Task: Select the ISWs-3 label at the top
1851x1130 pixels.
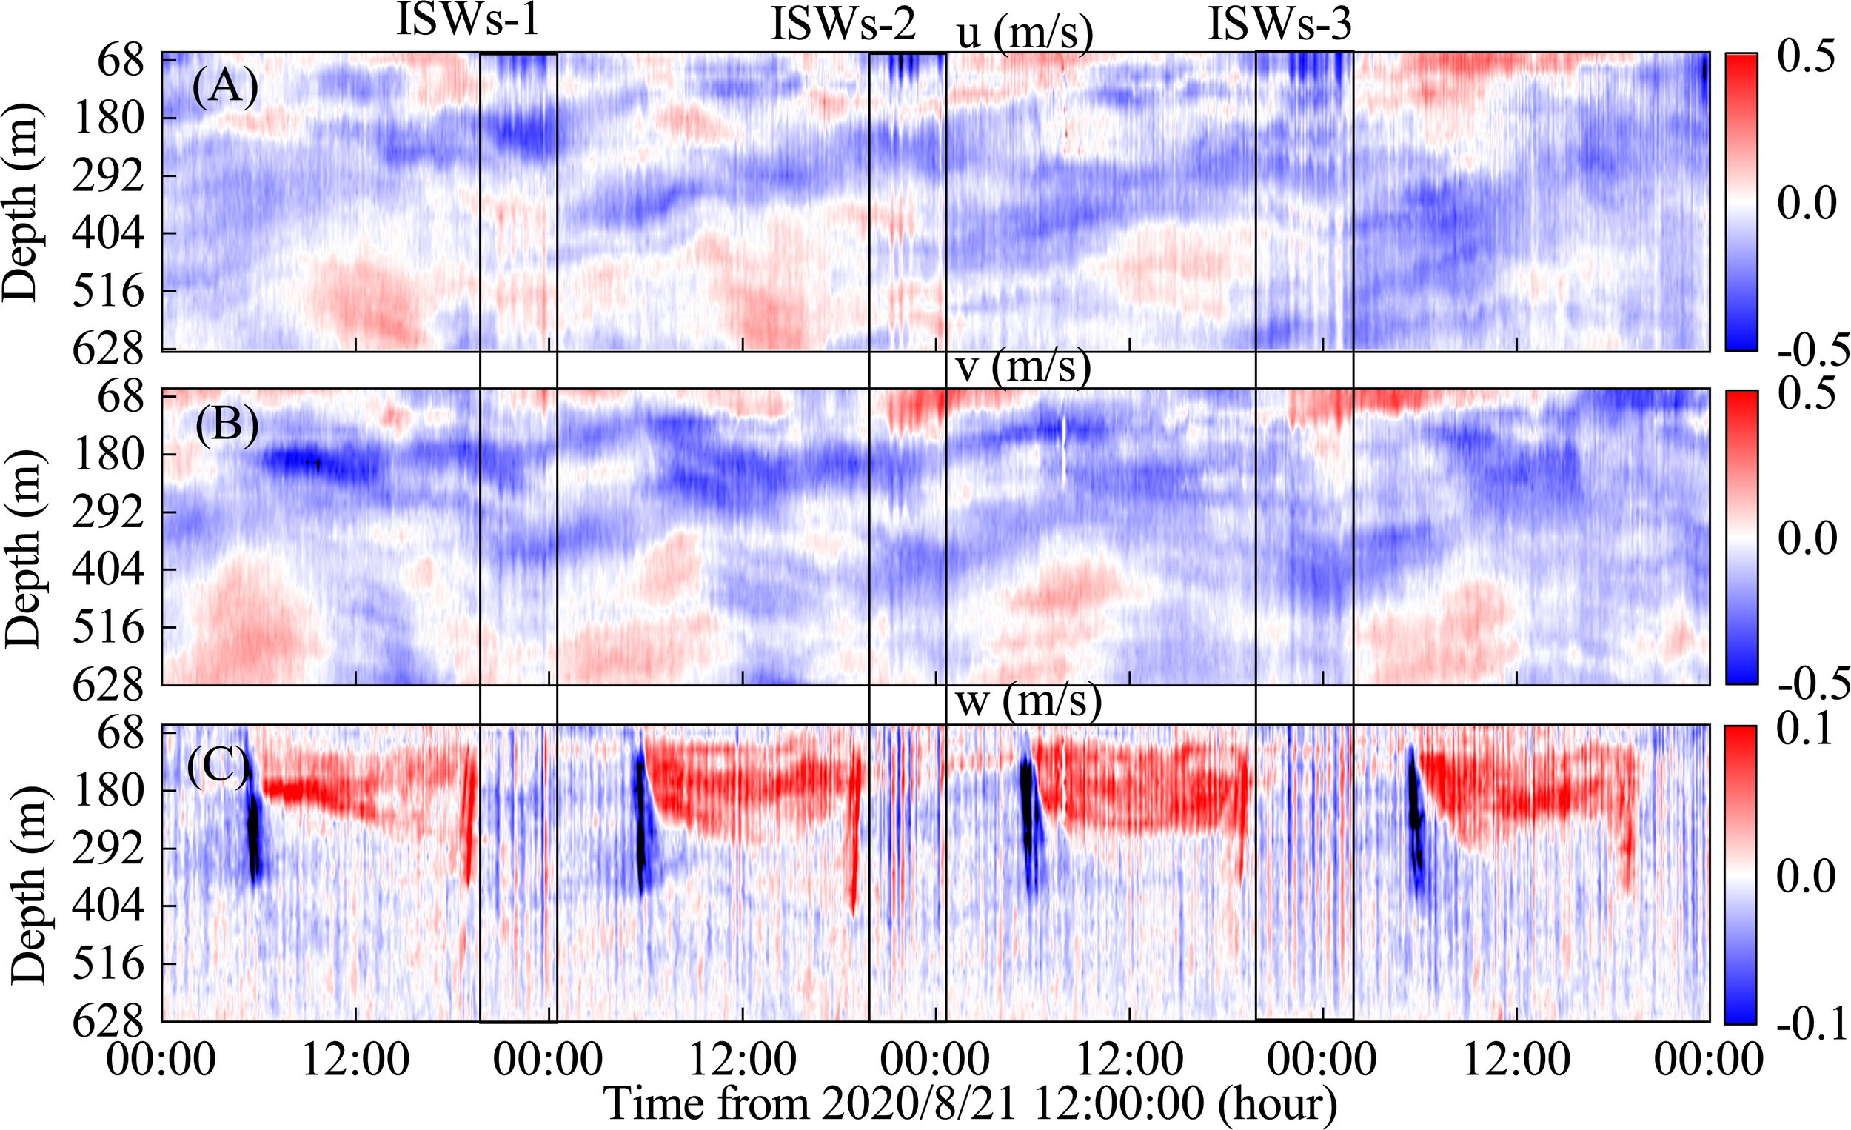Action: click(x=1279, y=24)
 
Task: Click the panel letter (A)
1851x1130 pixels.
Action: click(x=224, y=88)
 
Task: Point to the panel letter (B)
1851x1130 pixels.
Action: click(x=226, y=425)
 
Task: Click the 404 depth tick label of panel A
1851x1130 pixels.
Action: click(x=107, y=234)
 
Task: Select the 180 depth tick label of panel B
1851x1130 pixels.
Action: click(x=108, y=455)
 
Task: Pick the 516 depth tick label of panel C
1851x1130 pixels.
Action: click(x=108, y=963)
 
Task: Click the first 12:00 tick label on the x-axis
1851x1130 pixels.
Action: click(x=355, y=1060)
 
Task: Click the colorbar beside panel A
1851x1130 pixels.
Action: click(x=1741, y=201)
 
